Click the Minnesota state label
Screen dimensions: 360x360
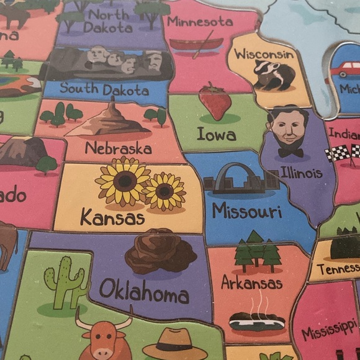pos(199,22)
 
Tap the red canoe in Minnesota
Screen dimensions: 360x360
pos(196,44)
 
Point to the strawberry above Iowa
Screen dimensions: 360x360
pos(215,101)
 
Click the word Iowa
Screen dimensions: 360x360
pos(216,133)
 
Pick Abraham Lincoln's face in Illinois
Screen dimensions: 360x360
pos(289,128)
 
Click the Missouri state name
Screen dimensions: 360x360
pos(247,211)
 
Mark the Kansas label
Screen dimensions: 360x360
pos(112,218)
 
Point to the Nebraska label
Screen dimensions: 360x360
pos(118,149)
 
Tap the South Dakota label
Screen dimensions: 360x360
pos(104,89)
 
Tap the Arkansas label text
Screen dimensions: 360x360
pos(252,283)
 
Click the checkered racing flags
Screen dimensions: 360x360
pos(343,152)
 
